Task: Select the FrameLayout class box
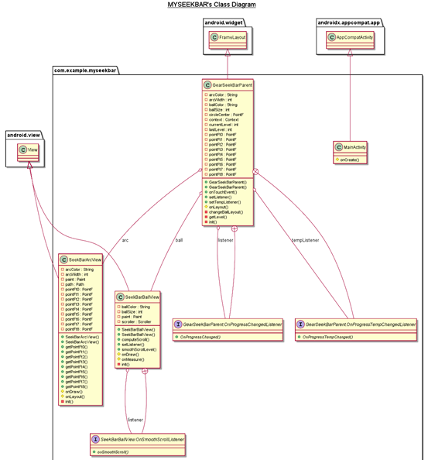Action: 228,37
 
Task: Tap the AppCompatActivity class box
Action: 350,37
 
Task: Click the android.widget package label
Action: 224,22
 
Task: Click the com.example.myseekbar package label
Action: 85,71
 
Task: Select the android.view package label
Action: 23,136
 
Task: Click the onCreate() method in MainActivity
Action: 351,159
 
